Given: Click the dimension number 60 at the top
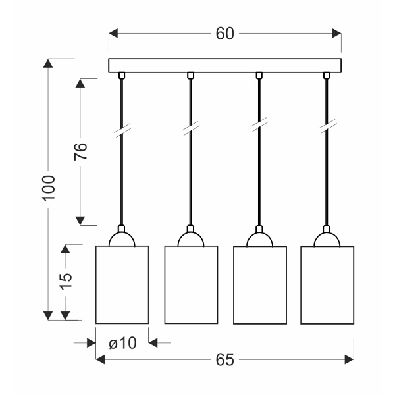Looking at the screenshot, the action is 224,34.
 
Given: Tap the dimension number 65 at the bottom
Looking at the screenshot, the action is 225,359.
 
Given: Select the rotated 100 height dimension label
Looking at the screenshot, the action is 48,188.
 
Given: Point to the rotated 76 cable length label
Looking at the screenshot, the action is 80,151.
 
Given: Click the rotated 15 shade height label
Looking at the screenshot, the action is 66,281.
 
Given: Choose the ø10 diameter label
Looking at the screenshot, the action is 122,343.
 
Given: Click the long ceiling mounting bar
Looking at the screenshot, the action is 225,65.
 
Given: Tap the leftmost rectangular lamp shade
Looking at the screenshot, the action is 122,284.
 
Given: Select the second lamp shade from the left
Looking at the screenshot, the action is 191,284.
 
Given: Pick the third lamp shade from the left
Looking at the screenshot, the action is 260,285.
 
